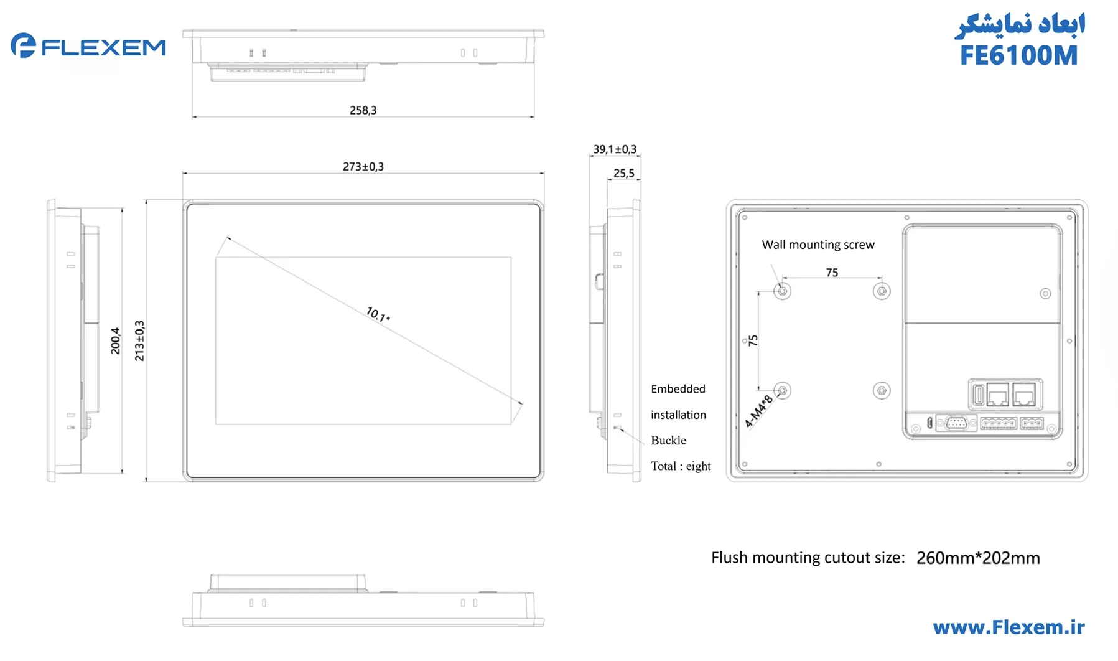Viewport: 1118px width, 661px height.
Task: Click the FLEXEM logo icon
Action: tap(23, 45)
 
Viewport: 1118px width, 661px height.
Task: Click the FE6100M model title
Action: tap(1018, 55)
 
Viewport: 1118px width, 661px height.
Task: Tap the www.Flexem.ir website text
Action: tap(1009, 627)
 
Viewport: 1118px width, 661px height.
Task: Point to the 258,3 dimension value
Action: tap(363, 110)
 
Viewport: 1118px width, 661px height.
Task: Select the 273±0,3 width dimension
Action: tap(363, 167)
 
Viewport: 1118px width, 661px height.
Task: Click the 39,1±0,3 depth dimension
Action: tap(615, 149)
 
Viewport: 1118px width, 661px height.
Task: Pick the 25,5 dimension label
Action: tap(623, 174)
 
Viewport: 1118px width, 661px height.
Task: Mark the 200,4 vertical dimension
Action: tap(115, 340)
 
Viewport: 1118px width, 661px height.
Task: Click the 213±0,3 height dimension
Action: tap(139, 340)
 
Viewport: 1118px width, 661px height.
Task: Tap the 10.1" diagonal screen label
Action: tap(378, 314)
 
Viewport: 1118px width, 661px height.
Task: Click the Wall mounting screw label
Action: tap(818, 245)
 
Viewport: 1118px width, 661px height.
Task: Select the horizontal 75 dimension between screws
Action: tap(832, 273)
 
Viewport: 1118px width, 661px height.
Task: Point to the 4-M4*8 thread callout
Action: tap(758, 411)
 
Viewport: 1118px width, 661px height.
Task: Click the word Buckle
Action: tap(668, 441)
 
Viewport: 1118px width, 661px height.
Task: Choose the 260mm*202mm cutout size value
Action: tap(977, 558)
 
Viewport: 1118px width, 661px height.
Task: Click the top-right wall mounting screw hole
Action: tap(882, 291)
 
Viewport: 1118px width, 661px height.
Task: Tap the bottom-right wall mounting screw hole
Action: tap(882, 390)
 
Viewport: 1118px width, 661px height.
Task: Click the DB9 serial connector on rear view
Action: tap(956, 423)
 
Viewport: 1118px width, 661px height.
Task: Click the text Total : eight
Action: tap(680, 466)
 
